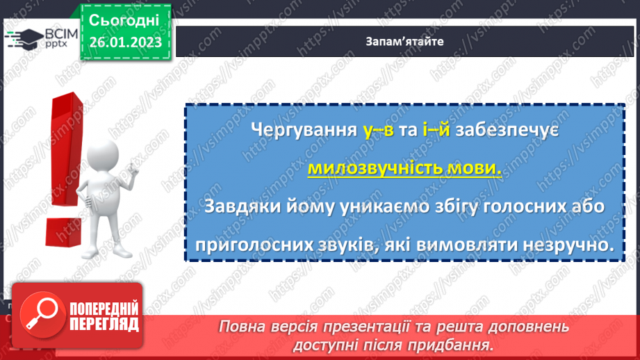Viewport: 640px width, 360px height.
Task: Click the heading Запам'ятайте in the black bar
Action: (x=404, y=41)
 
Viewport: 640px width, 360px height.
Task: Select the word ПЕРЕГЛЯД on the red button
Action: (x=104, y=324)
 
